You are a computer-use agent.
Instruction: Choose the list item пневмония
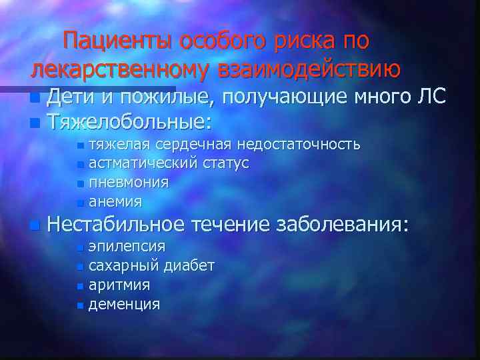(129, 181)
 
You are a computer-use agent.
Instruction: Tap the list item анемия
(115, 200)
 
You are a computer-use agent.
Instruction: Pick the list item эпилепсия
(127, 247)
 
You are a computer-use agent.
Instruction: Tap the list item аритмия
(119, 285)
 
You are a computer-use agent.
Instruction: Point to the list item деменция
(124, 304)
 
